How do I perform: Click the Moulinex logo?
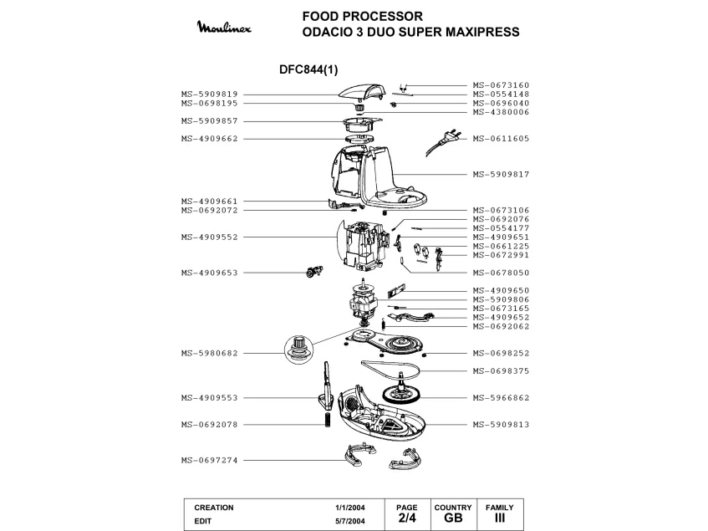pos(224,28)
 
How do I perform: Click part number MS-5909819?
pos(210,94)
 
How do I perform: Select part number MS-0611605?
pos(501,139)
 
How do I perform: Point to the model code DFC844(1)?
pos(308,69)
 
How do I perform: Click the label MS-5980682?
pos(210,353)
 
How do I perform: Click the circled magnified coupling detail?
pos(298,350)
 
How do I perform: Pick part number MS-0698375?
pos(501,371)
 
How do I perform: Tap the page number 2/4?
pos(407,518)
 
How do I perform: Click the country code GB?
pos(453,518)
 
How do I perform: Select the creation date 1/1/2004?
pos(350,508)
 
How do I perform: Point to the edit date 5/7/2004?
pos(350,521)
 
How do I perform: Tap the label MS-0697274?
pos(210,460)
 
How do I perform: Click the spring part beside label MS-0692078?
pos(328,420)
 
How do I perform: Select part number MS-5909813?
pos(501,425)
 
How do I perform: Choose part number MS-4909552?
pos(210,237)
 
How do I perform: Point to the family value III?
pos(500,518)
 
